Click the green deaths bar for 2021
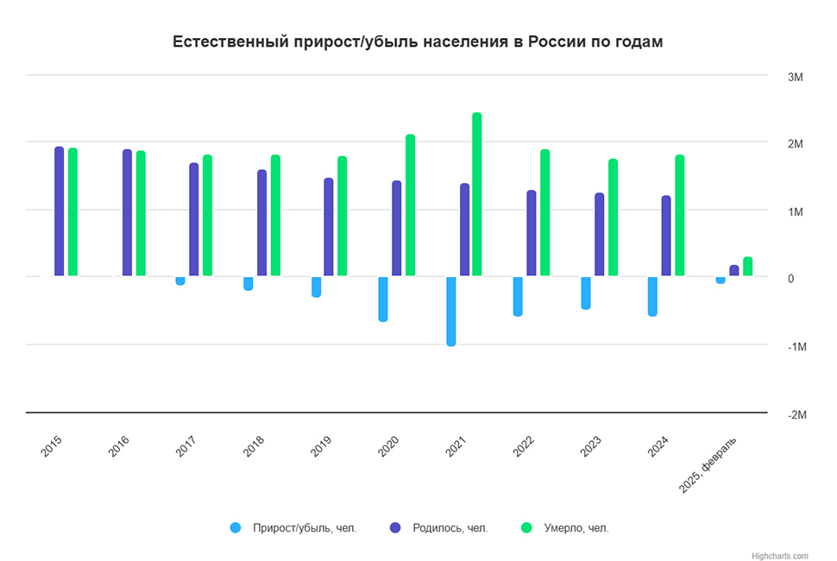pyautogui.click(x=476, y=194)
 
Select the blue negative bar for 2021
pyautogui.click(x=450, y=311)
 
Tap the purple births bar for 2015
pyautogui.click(x=59, y=211)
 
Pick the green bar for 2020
pyautogui.click(x=410, y=205)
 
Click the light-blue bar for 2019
pyautogui.click(x=316, y=287)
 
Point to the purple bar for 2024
pyautogui.click(x=665, y=236)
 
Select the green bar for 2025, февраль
pyautogui.click(x=747, y=267)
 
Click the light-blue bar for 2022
pyautogui.click(x=518, y=296)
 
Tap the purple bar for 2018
pyautogui.click(x=261, y=223)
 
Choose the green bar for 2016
pyautogui.click(x=141, y=213)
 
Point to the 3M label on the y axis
pyautogui.click(x=796, y=78)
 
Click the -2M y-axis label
pyautogui.click(x=796, y=414)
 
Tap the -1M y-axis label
pyautogui.click(x=796, y=347)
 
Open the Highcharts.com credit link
pyautogui.click(x=780, y=556)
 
